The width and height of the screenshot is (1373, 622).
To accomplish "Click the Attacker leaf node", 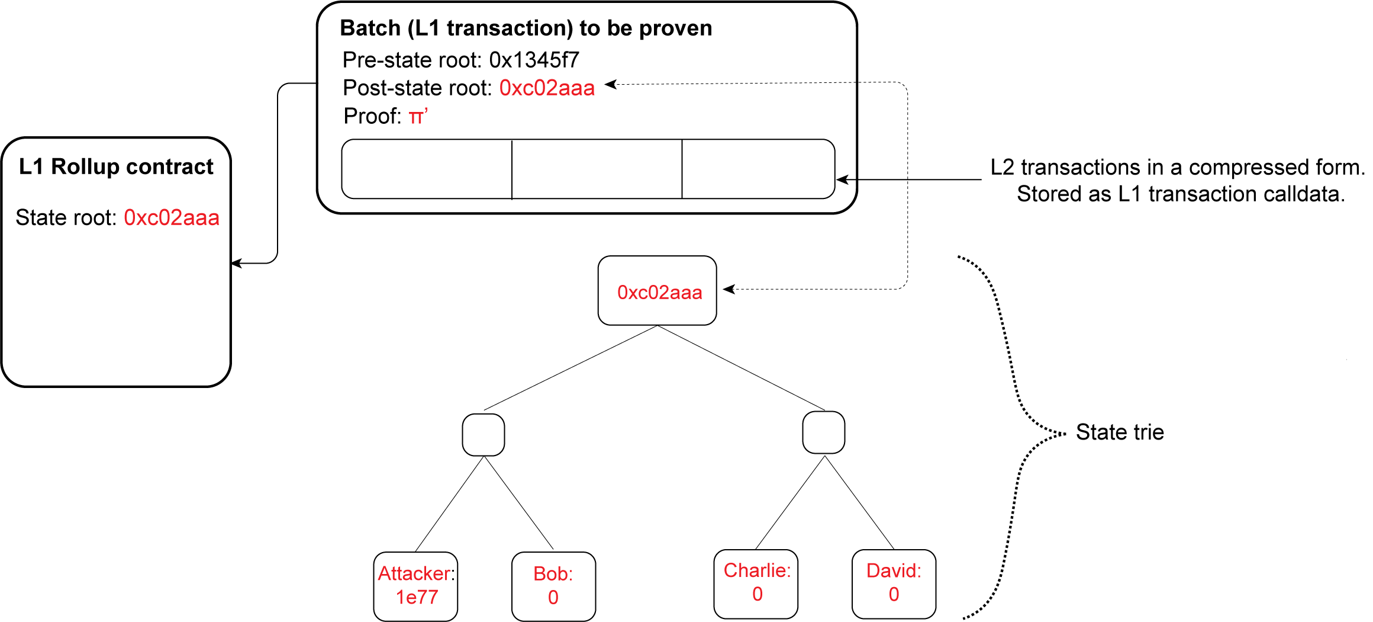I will click(415, 585).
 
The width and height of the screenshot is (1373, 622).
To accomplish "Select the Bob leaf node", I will click(553, 585).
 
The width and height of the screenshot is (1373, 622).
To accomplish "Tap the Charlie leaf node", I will click(756, 583).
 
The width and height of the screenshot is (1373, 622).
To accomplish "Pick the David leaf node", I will click(894, 583).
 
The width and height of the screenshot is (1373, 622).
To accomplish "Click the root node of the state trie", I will click(658, 291).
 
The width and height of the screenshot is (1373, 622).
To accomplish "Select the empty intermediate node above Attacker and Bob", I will click(484, 435).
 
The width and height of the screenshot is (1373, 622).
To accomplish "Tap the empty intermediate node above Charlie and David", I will click(824, 432).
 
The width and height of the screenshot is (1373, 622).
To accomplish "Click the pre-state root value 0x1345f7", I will click(534, 60).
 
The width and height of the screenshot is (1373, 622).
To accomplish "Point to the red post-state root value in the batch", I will click(547, 88).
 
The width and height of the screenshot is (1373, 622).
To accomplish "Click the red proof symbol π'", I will click(418, 116).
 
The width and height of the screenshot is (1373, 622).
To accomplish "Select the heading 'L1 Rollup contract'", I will click(116, 167).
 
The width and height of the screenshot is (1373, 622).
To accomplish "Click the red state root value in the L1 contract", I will click(172, 218).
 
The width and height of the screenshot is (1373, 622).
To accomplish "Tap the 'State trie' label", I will click(1120, 432).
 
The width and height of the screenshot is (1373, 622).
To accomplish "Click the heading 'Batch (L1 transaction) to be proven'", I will click(526, 28).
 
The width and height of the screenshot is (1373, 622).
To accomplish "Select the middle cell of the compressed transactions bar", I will click(597, 169).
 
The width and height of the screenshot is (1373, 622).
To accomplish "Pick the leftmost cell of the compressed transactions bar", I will click(427, 169).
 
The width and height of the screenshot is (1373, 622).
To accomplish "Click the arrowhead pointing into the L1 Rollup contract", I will click(236, 263).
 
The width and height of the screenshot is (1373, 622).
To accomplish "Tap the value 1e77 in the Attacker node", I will click(417, 597).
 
